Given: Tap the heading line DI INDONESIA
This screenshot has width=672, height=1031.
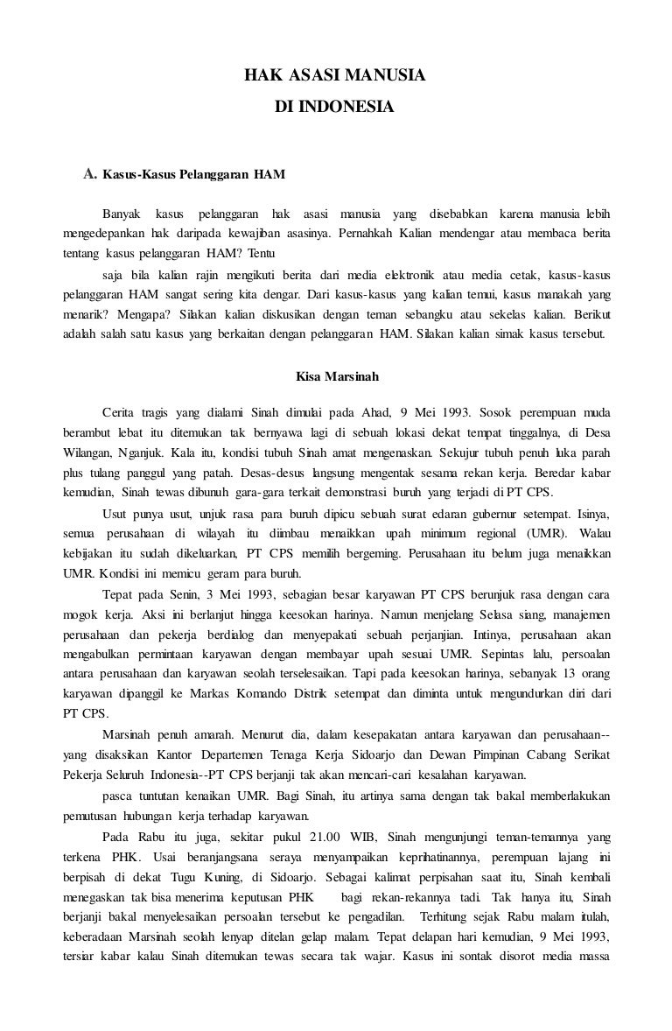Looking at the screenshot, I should click(x=335, y=109).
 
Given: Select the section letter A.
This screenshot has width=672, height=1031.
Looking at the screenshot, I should click(x=88, y=172).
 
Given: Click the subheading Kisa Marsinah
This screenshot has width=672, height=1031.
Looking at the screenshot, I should click(x=336, y=379).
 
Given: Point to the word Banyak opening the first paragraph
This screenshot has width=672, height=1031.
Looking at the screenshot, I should click(x=121, y=214).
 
